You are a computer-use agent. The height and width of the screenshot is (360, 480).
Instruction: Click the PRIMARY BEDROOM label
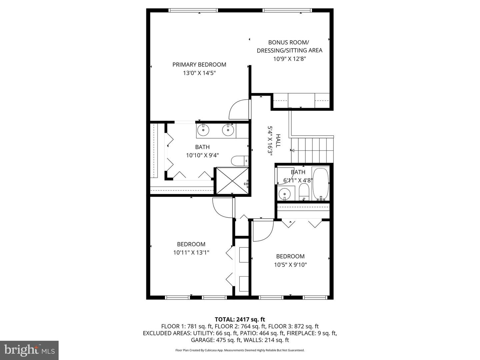click(x=199, y=65)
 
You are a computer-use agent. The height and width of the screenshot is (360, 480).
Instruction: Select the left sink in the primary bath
click(x=203, y=130)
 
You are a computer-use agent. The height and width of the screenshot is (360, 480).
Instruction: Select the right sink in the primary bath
click(x=228, y=130)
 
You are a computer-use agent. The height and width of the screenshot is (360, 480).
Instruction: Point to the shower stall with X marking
click(x=232, y=181)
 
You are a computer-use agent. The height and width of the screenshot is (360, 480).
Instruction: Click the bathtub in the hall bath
click(x=321, y=184)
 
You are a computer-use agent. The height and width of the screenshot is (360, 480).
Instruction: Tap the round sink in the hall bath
click(x=284, y=194)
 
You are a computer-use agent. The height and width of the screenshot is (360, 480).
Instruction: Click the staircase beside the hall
click(x=312, y=150)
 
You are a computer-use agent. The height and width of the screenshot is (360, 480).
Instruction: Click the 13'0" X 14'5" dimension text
click(x=199, y=73)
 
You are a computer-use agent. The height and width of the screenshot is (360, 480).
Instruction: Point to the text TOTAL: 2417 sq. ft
click(x=240, y=319)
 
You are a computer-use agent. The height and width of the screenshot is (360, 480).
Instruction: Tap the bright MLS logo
click(x=29, y=350)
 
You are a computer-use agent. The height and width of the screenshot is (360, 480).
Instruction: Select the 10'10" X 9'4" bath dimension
click(x=202, y=155)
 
